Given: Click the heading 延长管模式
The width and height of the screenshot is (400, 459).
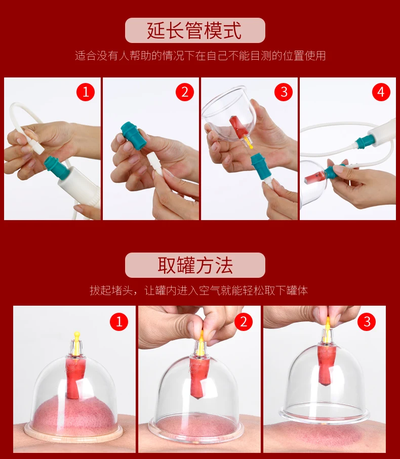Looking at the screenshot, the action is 194,30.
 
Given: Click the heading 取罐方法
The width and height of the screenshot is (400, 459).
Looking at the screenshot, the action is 195,265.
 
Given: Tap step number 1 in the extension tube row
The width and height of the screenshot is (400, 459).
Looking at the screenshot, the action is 86,92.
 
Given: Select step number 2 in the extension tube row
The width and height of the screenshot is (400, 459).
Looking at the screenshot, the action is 185,92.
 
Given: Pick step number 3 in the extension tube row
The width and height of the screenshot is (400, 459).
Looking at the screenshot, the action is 284,92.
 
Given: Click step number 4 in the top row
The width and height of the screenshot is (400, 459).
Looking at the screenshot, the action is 381,92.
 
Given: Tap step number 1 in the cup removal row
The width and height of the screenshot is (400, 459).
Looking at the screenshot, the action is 119,322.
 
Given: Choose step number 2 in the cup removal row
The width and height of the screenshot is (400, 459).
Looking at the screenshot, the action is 244,322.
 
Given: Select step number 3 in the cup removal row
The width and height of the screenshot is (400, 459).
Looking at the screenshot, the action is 367,322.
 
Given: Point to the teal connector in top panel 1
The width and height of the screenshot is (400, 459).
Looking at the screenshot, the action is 56,168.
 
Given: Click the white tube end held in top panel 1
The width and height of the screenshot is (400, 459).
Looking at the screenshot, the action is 34,144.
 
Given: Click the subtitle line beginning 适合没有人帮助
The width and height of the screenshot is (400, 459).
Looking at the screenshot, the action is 201,56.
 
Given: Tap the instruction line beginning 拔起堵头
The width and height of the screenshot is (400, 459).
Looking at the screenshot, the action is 198,290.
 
